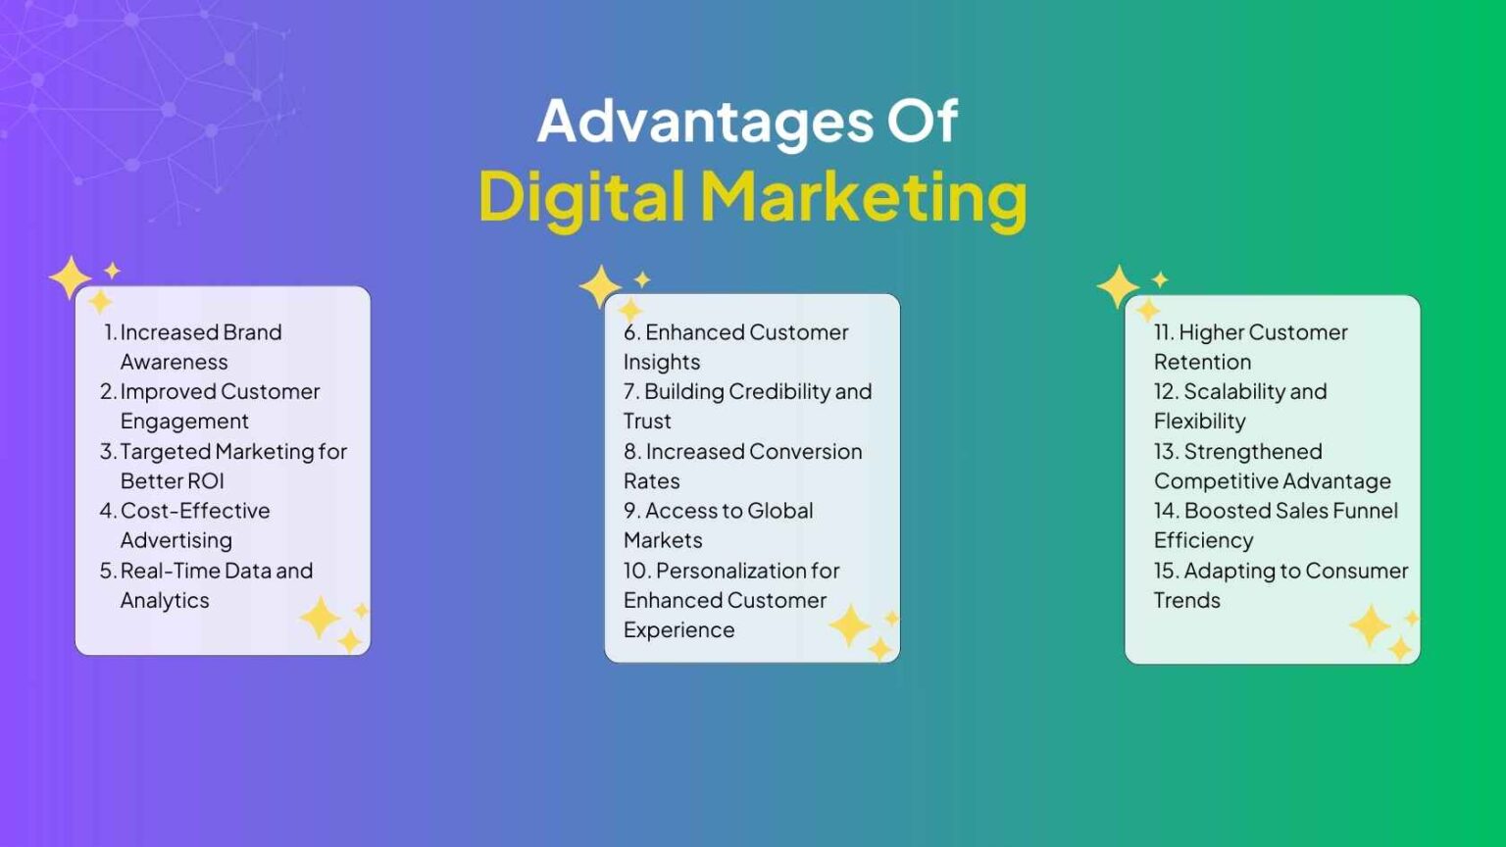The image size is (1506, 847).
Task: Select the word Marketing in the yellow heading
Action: coord(864,196)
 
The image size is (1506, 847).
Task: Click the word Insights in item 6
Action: coord(662,362)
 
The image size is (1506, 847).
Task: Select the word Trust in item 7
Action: coord(647,422)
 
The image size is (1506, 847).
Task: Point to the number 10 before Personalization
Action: coord(635,571)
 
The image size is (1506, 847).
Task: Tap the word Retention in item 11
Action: coord(1202,362)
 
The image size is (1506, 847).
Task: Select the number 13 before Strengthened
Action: coord(1165,452)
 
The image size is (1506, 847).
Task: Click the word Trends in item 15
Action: coord(1186,600)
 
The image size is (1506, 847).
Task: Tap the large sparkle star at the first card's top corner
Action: coord(71,277)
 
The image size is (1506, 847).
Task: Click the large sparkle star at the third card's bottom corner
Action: coord(1370,624)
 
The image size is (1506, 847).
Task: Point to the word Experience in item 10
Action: coord(678,630)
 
